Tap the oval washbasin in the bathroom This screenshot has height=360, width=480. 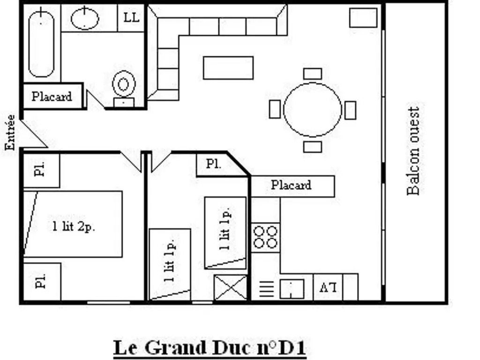tap(85, 18)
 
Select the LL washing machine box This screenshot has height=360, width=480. tap(131, 18)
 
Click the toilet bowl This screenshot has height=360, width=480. tap(124, 84)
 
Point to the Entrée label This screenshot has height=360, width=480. tap(10, 132)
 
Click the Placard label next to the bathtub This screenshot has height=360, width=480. tap(52, 97)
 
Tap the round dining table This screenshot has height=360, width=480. tap(313, 110)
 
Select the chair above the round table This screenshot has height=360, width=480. tap(313, 74)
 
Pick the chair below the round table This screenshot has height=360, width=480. tap(313, 147)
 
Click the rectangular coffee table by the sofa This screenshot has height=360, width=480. tap(228, 67)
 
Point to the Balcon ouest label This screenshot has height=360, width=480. tap(413, 150)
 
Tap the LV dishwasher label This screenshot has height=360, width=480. tap(328, 287)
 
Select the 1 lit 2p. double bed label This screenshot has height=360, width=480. tap(74, 227)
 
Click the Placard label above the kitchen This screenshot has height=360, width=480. tap(291, 185)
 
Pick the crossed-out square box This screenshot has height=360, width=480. tap(231, 287)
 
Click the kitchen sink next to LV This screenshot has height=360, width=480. tap(292, 289)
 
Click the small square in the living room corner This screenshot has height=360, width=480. tap(363, 18)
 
